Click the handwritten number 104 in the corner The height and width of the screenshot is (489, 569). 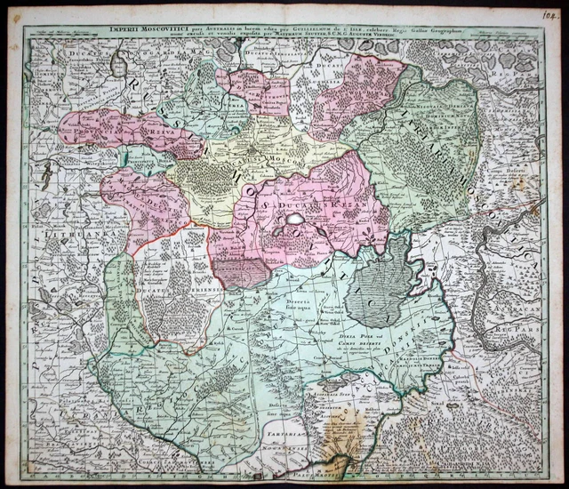coord(545,13)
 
